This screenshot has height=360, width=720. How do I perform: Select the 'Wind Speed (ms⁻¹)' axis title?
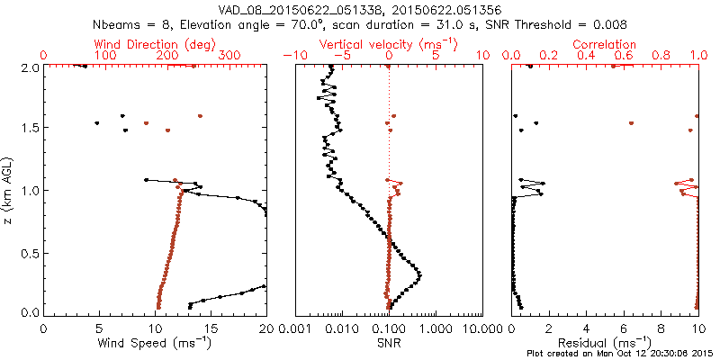(x=156, y=342)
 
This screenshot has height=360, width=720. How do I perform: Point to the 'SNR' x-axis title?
(x=389, y=342)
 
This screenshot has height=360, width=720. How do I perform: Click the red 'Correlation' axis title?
(x=605, y=44)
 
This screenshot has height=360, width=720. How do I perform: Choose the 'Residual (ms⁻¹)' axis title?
(x=605, y=342)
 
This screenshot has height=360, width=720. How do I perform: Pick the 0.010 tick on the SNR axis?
(x=342, y=327)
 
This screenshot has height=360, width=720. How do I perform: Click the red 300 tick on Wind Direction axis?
(x=229, y=55)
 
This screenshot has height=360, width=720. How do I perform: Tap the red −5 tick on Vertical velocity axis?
(x=340, y=55)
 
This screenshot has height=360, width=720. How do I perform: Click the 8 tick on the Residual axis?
(x=661, y=327)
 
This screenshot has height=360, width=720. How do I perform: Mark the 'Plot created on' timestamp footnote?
(x=621, y=353)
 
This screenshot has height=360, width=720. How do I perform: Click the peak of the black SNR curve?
(x=420, y=274)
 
